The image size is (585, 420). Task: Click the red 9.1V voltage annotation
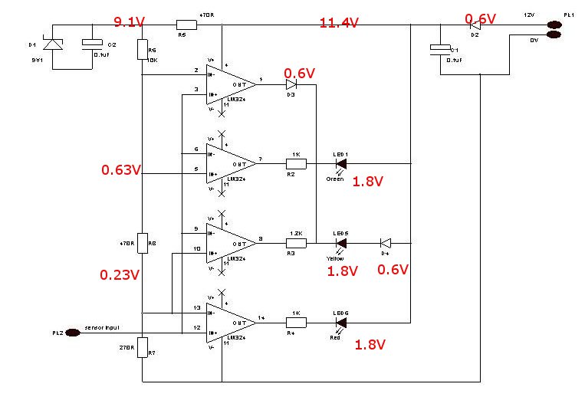130,21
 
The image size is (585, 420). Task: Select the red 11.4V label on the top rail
339,23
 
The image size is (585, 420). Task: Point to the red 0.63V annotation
120,170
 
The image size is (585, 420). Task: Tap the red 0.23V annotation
120,273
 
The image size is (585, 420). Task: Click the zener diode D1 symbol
53,45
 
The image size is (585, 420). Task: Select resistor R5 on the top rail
186,25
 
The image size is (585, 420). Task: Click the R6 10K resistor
143,50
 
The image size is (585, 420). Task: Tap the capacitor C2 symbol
93,44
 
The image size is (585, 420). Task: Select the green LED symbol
341,163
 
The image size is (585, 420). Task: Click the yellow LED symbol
341,243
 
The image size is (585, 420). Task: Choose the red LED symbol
341,323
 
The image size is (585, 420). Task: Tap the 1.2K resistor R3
296,243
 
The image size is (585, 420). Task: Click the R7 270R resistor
143,347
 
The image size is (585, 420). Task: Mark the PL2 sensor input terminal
72,333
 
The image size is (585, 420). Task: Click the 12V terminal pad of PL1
553,25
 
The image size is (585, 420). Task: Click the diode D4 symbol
386,243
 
